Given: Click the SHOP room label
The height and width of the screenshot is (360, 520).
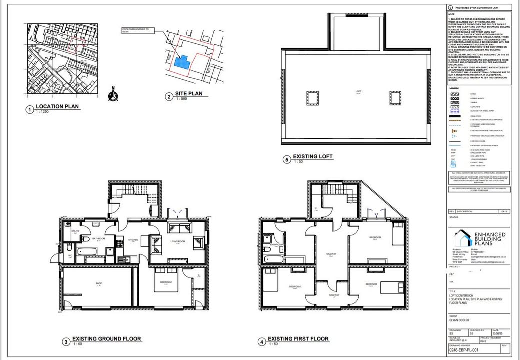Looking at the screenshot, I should point(98,284).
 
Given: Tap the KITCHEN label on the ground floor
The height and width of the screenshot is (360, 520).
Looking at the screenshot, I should point(133,240).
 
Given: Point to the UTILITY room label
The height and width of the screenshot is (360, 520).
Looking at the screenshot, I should point(75,231).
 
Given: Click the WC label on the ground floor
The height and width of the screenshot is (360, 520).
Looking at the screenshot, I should point(70,255).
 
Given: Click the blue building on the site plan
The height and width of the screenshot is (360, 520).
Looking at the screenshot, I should point(184,62).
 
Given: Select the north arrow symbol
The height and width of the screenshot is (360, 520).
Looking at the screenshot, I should point(113,95).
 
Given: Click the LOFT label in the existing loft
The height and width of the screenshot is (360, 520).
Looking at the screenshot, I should point(358,91).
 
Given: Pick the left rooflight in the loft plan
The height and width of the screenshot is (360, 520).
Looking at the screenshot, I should point(313,98).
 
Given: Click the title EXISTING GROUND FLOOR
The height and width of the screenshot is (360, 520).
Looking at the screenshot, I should point(107,339).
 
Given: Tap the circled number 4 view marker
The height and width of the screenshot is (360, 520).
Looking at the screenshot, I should point(261,342).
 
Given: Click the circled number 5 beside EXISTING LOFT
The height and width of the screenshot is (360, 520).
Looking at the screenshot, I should point(286,160).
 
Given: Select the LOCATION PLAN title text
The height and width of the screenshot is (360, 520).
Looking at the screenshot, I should point(57,107).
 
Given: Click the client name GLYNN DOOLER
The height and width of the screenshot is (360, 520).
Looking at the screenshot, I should point(460,320).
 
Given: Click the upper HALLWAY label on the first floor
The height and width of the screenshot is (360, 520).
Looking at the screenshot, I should point(331,254).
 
